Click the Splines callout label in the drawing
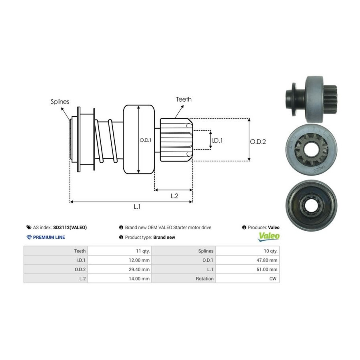(x=60, y=102)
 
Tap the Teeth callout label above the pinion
(x=184, y=99)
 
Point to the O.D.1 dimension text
(x=145, y=140)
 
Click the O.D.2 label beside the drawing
(x=258, y=141)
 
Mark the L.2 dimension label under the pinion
(x=174, y=196)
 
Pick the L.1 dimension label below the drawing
(x=137, y=206)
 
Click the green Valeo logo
(x=268, y=237)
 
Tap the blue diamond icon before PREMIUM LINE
(x=29, y=237)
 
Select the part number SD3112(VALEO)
(x=70, y=227)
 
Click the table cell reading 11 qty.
(x=142, y=251)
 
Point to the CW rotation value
(x=274, y=278)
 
